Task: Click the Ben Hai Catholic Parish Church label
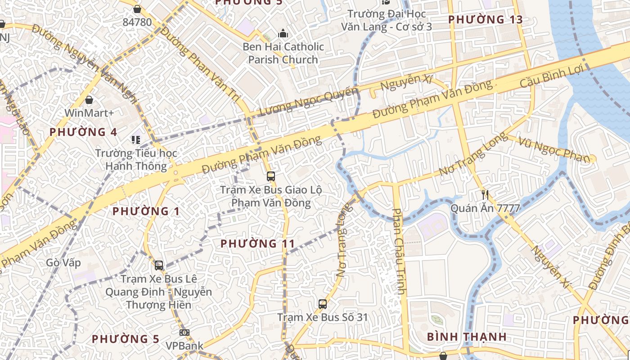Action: click(x=283, y=53)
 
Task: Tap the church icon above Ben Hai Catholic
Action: click(x=283, y=33)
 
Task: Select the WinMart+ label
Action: click(x=89, y=112)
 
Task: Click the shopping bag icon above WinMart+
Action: click(x=89, y=99)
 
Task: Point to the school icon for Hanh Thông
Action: click(x=136, y=140)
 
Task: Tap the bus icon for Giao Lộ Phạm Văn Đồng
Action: click(x=270, y=176)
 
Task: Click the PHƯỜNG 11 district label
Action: click(x=258, y=244)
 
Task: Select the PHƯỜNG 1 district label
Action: click(x=146, y=211)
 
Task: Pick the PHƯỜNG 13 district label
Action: click(x=486, y=19)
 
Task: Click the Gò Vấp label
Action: click(x=63, y=263)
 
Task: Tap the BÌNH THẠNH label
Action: click(x=467, y=337)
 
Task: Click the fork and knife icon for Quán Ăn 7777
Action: click(x=485, y=195)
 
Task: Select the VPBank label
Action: click(x=184, y=346)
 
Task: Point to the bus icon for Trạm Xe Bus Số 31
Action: click(x=323, y=304)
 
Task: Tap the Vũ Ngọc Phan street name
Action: click(x=553, y=149)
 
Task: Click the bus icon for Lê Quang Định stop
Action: click(x=158, y=265)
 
